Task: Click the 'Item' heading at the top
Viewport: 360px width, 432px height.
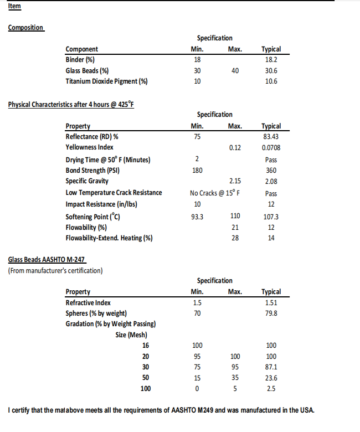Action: (15, 7)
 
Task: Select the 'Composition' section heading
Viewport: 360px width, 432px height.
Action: (26, 28)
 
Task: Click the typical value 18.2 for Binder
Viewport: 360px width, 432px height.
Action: (271, 59)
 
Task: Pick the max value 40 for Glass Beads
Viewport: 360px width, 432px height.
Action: (235, 70)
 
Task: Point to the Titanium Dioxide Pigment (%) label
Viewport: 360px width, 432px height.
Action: (107, 81)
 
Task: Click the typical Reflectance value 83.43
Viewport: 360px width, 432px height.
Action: (271, 136)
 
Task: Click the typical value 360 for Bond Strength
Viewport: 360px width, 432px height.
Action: (271, 171)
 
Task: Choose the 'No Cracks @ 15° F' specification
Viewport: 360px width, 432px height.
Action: (218, 193)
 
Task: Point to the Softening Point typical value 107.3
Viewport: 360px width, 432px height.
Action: (271, 217)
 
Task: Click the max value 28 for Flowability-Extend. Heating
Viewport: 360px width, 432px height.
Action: (235, 238)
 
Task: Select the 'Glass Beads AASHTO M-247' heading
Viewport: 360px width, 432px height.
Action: (47, 260)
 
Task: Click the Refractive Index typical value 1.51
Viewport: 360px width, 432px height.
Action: (271, 302)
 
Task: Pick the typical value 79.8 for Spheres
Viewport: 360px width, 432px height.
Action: (271, 313)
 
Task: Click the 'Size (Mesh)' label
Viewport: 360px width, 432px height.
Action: (132, 335)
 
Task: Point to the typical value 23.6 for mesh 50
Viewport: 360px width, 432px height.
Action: (271, 378)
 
